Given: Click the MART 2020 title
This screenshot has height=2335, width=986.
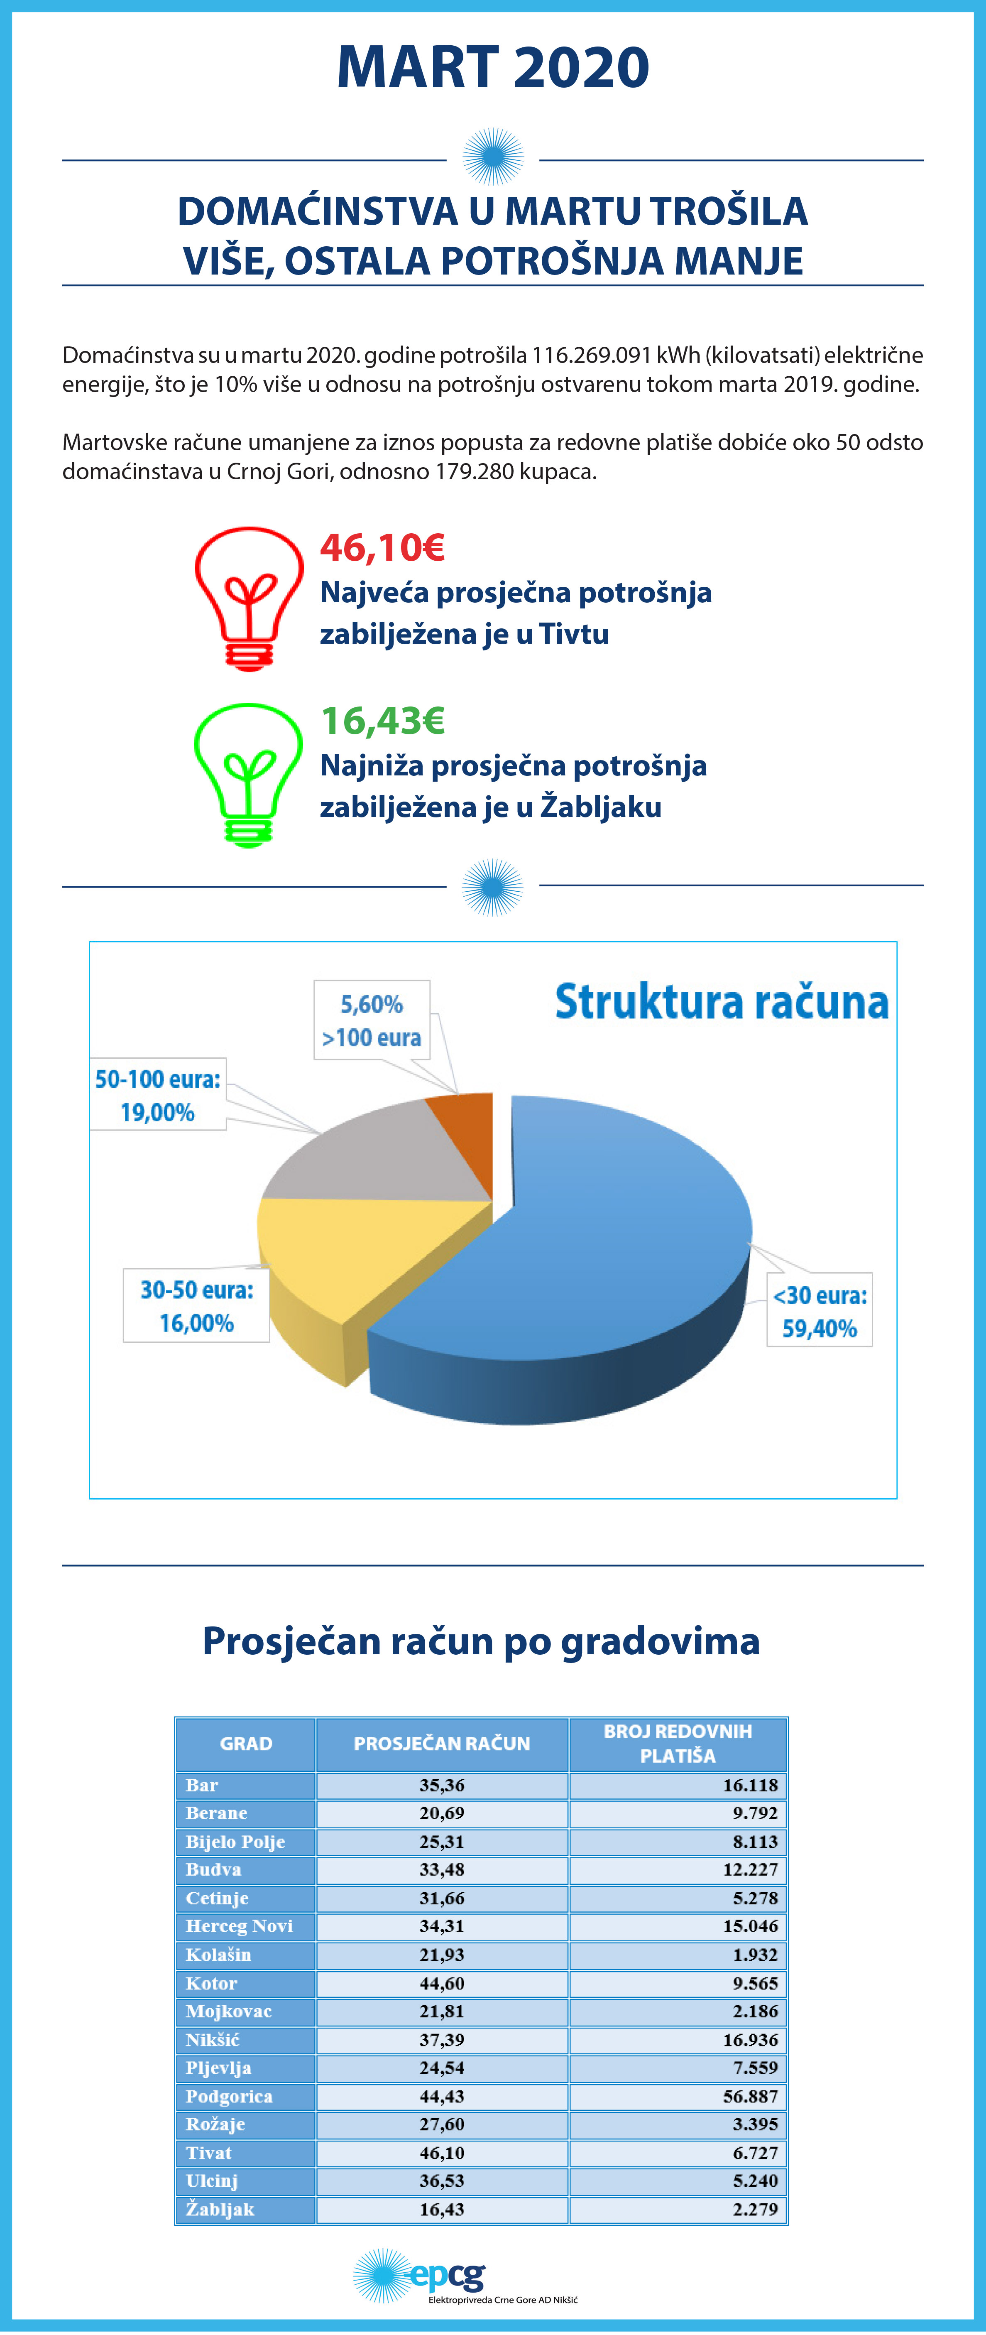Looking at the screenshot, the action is pyautogui.click(x=493, y=67).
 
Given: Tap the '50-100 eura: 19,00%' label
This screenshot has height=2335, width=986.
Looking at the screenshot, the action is pyautogui.click(x=158, y=1095).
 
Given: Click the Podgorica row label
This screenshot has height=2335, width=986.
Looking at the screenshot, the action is pyautogui.click(x=229, y=2096).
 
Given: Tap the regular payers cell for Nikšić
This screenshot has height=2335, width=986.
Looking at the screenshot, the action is pyautogui.click(x=678, y=2040).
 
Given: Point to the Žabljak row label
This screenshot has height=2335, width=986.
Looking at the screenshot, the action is pyautogui.click(x=220, y=2209).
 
